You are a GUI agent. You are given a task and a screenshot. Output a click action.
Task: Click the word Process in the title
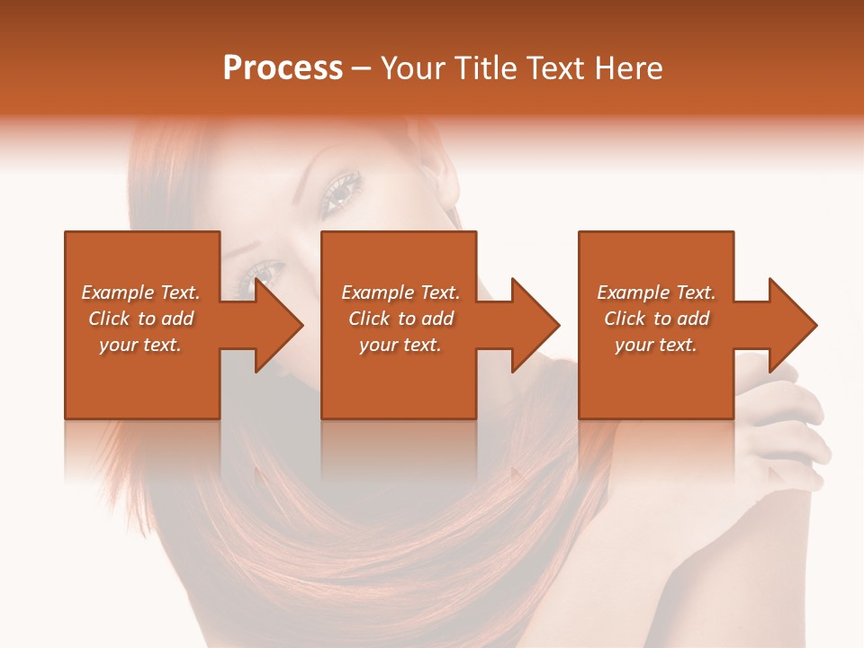(x=283, y=68)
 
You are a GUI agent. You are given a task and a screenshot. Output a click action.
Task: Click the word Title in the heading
(x=483, y=68)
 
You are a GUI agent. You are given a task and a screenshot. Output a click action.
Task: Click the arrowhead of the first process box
(x=279, y=325)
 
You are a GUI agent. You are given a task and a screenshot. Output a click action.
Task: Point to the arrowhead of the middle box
(x=535, y=325)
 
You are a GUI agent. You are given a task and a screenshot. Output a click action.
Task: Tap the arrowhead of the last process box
(x=793, y=325)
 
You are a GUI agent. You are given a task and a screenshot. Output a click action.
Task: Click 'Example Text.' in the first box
(x=140, y=292)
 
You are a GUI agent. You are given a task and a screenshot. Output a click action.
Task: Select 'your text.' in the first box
(x=140, y=345)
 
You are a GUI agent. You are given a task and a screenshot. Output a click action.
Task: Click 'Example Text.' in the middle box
(x=400, y=292)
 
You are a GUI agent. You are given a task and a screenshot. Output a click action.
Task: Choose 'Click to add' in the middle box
(x=400, y=319)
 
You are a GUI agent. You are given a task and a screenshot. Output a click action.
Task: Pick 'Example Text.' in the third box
(x=656, y=292)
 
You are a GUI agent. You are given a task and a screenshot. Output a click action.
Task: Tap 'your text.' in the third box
(x=656, y=345)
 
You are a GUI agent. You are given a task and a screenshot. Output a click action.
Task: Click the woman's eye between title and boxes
(x=343, y=190)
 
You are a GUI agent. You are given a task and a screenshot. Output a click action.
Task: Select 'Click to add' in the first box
(x=140, y=319)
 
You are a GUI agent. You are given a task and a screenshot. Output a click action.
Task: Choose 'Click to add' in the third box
(x=656, y=319)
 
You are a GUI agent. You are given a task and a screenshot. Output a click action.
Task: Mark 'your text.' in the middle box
(x=400, y=345)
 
